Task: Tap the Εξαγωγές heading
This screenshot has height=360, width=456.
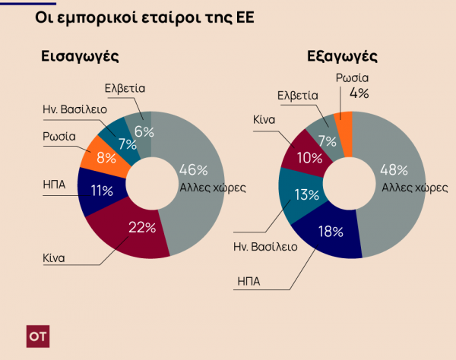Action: pyautogui.click(x=342, y=57)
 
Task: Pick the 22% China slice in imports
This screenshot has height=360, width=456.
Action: pyautogui.click(x=142, y=227)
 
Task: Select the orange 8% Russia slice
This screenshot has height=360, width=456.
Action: pyautogui.click(x=106, y=158)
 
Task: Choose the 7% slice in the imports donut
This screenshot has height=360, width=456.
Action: pyautogui.click(x=123, y=142)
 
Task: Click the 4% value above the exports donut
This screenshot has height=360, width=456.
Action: pyautogui.click(x=359, y=94)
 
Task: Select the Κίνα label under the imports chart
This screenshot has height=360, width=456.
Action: pyautogui.click(x=54, y=257)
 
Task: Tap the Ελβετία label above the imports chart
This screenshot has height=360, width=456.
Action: pyautogui.click(x=125, y=89)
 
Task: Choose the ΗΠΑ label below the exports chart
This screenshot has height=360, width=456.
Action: pyautogui.click(x=249, y=283)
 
